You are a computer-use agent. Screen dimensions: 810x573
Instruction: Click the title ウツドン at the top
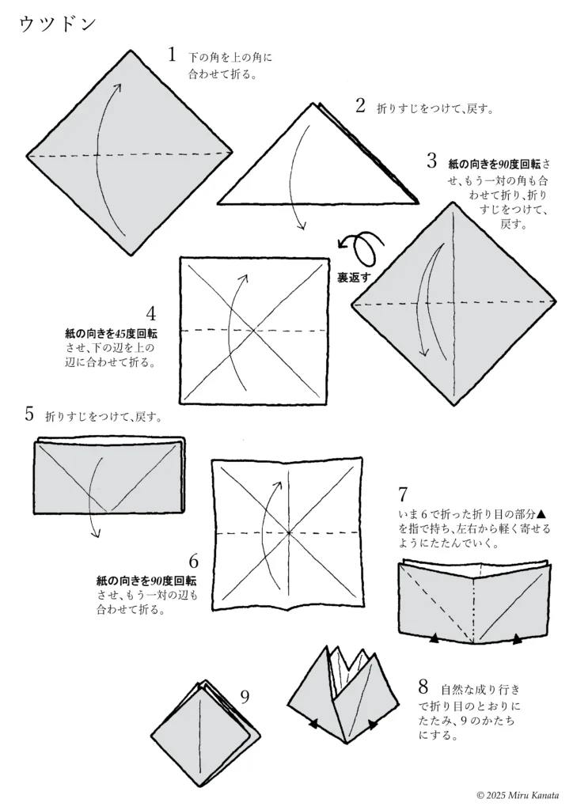click(57, 25)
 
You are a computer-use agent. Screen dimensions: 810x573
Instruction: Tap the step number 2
click(360, 106)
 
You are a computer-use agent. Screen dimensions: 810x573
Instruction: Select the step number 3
click(431, 161)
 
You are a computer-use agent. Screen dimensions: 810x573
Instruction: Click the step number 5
click(29, 413)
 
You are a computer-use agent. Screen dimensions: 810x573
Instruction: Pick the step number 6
click(193, 562)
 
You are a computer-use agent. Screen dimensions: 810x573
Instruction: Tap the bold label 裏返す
click(354, 276)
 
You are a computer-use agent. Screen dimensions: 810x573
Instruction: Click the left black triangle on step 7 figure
click(434, 637)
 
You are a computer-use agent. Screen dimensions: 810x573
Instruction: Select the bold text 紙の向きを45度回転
click(111, 334)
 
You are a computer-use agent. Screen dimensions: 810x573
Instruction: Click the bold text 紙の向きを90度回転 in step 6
click(141, 581)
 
